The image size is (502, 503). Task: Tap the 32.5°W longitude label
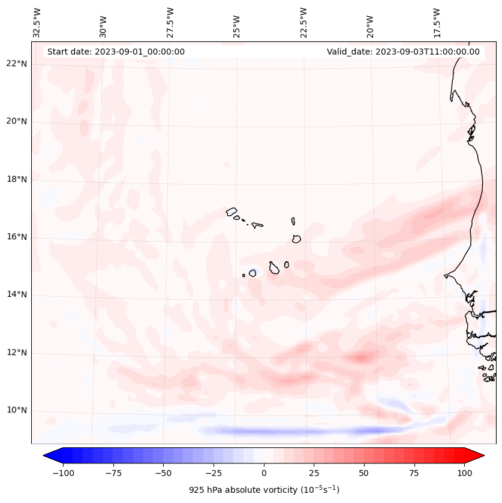click(x=37, y=22)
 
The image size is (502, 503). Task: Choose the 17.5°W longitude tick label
click(x=437, y=22)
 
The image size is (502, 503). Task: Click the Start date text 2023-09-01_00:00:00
click(x=116, y=52)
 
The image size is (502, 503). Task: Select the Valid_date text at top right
click(x=403, y=52)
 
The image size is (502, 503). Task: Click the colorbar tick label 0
click(x=263, y=473)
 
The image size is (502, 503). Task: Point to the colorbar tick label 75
click(x=414, y=473)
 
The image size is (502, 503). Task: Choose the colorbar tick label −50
click(x=163, y=473)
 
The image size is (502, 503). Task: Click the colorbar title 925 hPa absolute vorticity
click(x=263, y=490)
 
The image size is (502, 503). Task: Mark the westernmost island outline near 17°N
click(x=232, y=211)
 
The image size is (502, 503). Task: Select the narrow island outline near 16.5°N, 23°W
click(x=293, y=221)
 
